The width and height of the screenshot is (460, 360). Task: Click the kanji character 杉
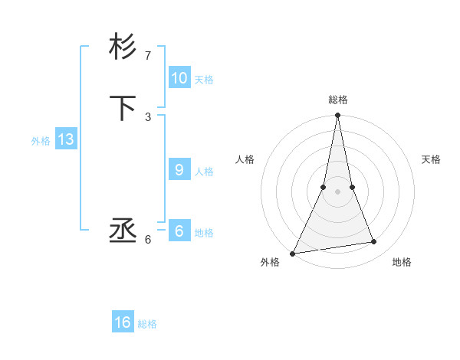click(x=123, y=47)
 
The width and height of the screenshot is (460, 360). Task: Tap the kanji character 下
click(x=123, y=108)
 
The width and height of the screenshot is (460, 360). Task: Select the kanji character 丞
click(x=123, y=231)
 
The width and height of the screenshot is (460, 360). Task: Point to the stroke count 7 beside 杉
click(x=148, y=56)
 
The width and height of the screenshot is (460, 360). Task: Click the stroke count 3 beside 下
click(x=148, y=117)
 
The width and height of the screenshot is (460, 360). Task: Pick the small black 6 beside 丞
click(x=148, y=240)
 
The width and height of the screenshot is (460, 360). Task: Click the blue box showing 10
click(x=179, y=78)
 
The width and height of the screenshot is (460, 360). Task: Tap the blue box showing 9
click(x=179, y=170)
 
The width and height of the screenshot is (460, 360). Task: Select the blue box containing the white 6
click(x=179, y=231)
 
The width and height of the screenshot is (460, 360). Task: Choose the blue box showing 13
click(x=65, y=139)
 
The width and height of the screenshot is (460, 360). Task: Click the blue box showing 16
click(x=123, y=322)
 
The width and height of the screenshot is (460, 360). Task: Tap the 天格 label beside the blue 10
click(x=203, y=80)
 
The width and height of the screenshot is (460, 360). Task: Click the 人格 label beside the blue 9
click(x=203, y=172)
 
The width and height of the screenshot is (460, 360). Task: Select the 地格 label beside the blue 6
click(x=203, y=233)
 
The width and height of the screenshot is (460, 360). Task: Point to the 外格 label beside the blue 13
click(x=41, y=141)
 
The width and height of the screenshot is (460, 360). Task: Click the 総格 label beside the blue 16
click(x=147, y=324)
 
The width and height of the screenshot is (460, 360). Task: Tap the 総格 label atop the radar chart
click(x=338, y=100)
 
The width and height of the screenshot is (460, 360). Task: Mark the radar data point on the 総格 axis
click(x=338, y=116)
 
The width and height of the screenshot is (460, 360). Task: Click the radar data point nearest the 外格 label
click(x=293, y=253)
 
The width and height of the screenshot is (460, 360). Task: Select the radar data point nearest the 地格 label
click(x=374, y=242)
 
